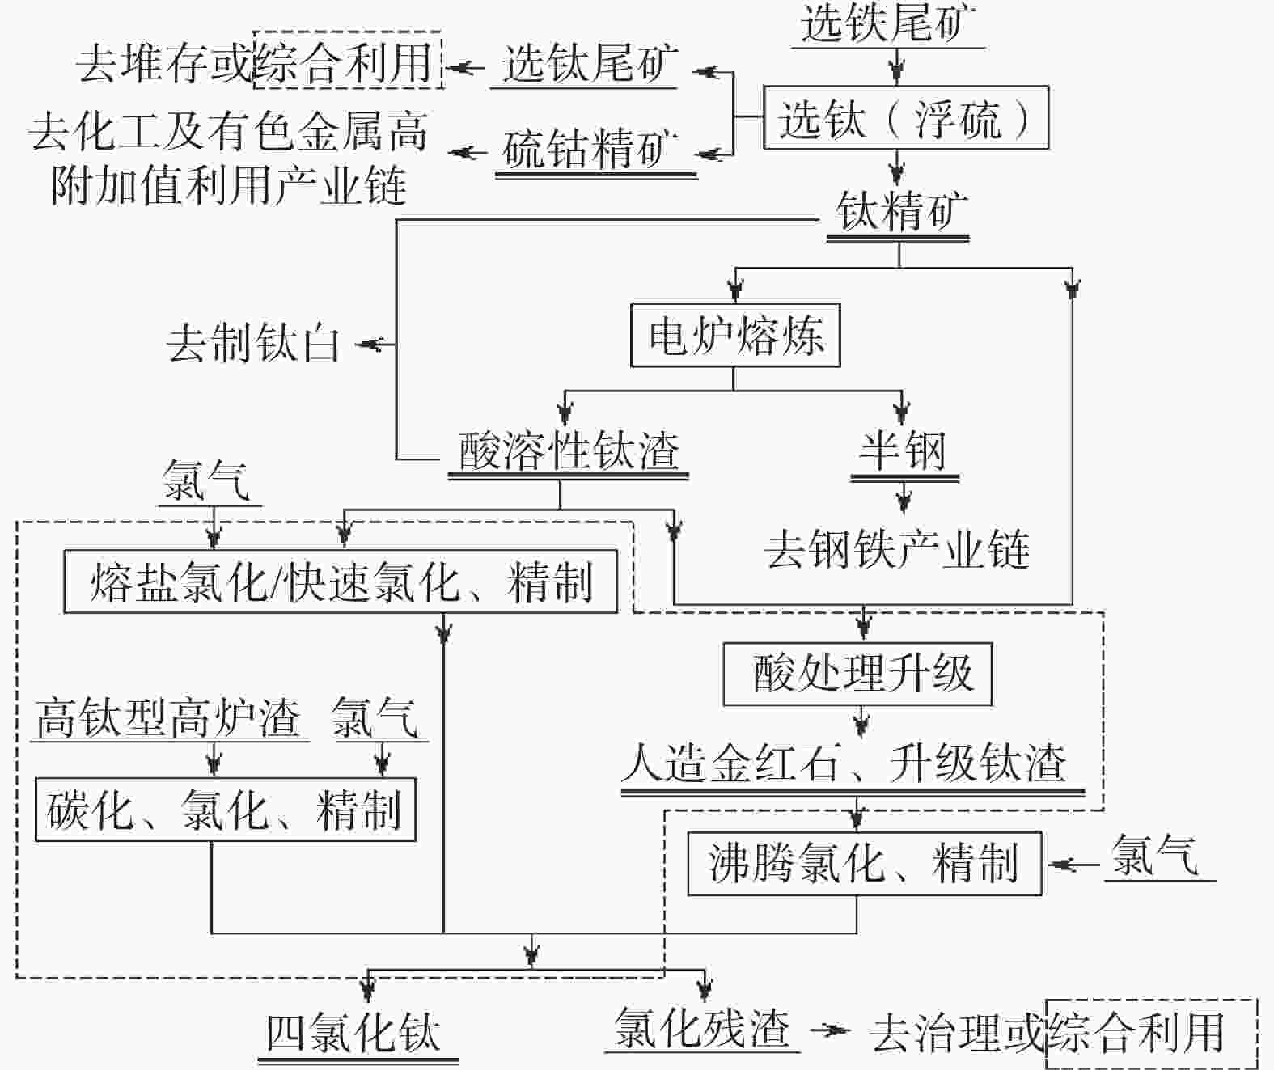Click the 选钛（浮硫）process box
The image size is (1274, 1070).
click(x=905, y=118)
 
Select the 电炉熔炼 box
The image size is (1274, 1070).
click(x=734, y=335)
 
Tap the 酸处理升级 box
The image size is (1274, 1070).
click(x=857, y=675)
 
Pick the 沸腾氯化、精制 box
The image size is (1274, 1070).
click(x=864, y=864)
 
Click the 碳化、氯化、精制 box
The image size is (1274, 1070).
click(x=225, y=810)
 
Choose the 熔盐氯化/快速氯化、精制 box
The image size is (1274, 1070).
click(x=340, y=582)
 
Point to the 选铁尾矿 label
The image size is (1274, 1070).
click(x=888, y=24)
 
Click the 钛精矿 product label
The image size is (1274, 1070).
click(x=900, y=212)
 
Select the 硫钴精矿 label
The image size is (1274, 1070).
click(x=590, y=150)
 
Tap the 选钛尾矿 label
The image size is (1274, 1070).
click(x=590, y=65)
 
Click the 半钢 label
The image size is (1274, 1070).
click(x=903, y=451)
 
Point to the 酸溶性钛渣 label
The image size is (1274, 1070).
click(x=569, y=451)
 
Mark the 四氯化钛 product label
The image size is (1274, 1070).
click(x=353, y=1034)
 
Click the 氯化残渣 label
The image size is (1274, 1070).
click(x=701, y=1030)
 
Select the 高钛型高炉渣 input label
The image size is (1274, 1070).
click(x=168, y=718)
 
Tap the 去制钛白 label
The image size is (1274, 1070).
click(x=252, y=345)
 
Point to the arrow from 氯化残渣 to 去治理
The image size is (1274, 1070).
click(x=832, y=1030)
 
